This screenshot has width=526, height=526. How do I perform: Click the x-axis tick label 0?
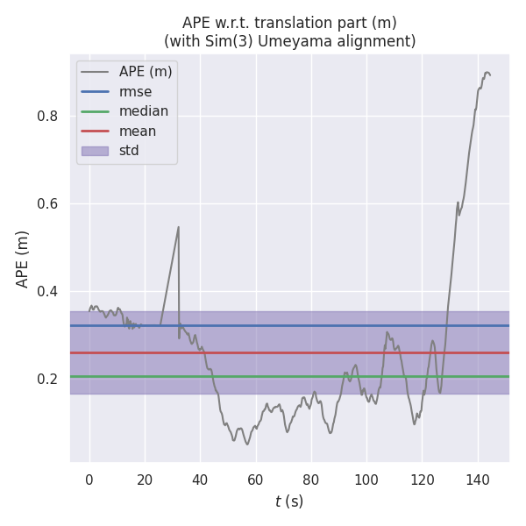point(89,479)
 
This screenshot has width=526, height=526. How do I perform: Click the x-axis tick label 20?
point(145,479)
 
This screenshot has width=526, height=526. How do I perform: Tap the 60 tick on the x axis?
point(256,479)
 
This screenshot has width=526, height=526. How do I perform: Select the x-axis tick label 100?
point(366,479)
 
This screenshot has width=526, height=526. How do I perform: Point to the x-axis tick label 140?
point(478,479)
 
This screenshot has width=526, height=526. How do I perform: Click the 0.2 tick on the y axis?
point(48,379)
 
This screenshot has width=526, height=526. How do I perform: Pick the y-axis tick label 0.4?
point(48,291)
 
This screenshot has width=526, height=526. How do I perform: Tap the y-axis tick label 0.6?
point(48,203)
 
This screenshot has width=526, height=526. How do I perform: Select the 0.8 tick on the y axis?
point(48,116)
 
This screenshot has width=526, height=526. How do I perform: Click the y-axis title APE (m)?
point(23,259)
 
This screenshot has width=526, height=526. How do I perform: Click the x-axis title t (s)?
point(289,501)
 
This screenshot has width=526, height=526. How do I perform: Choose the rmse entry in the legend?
point(136,91)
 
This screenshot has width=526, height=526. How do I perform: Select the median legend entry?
point(144,111)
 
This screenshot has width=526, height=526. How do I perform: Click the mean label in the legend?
point(138,131)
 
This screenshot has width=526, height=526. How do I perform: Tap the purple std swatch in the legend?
point(96,151)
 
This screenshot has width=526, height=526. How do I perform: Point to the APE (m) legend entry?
point(146,72)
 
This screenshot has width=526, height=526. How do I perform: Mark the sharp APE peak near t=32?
point(179,227)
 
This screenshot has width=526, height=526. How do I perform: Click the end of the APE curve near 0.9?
point(488,74)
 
